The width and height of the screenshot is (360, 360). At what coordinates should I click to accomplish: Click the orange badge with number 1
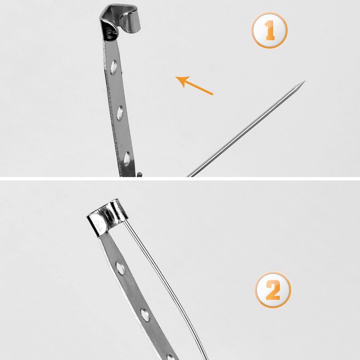click(269, 30)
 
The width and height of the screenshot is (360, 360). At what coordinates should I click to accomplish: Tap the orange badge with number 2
click(273, 289)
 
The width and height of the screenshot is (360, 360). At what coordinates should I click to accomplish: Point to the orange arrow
click(194, 85)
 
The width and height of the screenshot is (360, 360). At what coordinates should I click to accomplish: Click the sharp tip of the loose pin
click(305, 81)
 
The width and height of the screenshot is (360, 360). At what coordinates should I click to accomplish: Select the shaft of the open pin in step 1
click(246, 129)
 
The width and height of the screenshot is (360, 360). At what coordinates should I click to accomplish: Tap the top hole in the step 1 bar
click(114, 67)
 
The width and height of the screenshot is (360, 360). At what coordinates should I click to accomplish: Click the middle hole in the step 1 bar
click(120, 113)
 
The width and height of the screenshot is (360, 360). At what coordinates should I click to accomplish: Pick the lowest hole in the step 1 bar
click(127, 159)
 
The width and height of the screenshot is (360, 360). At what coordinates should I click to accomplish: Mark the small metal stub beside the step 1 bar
click(139, 175)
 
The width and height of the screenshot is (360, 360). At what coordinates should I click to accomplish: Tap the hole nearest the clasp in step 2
click(121, 268)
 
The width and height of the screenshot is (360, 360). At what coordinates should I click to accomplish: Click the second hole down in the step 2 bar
click(145, 315)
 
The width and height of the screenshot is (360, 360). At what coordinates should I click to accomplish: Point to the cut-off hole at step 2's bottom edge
click(170, 357)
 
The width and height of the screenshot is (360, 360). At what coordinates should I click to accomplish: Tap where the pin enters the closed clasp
click(124, 221)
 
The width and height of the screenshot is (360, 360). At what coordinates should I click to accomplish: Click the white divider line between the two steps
click(180, 179)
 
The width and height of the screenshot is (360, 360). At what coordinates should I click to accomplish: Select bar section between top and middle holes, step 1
click(117, 90)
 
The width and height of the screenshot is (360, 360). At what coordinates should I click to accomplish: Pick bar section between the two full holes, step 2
click(132, 292)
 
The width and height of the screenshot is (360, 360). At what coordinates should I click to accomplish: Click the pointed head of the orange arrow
click(181, 81)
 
